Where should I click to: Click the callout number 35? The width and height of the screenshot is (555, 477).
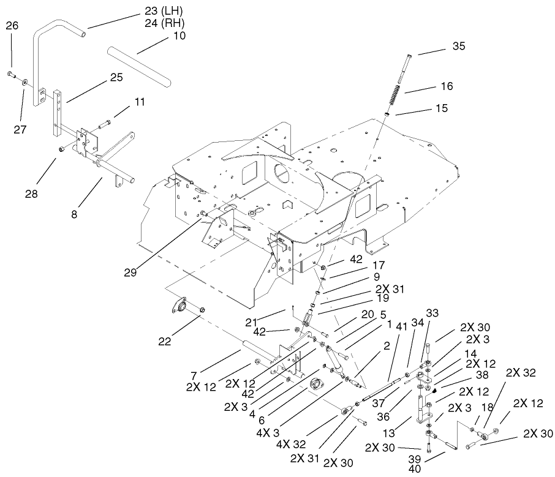click(459, 46)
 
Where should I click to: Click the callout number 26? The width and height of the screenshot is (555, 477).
click(12, 25)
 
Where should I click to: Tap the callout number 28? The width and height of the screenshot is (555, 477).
click(31, 193)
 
